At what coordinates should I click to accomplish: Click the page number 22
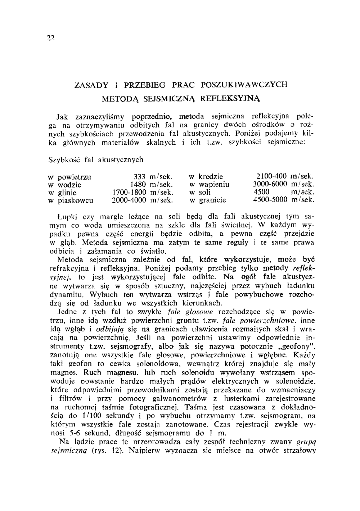(50, 38)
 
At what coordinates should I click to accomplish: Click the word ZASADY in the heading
(91, 85)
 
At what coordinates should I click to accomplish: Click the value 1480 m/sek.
(152, 185)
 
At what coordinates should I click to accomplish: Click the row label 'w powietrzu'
(69, 177)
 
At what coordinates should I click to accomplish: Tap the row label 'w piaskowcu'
(71, 200)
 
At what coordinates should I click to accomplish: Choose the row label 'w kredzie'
(206, 177)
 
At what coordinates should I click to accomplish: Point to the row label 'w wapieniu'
(209, 185)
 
